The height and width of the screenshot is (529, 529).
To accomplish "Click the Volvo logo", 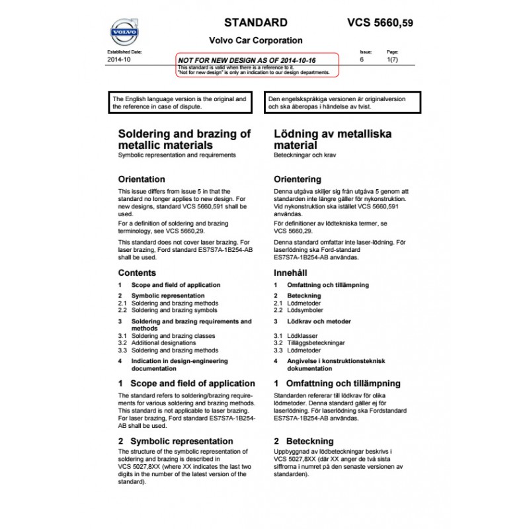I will click(124, 31).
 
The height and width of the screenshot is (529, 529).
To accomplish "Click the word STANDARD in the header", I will click(256, 22).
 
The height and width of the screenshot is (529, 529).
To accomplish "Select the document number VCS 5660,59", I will click(380, 22).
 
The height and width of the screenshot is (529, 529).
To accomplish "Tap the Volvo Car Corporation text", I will click(256, 40).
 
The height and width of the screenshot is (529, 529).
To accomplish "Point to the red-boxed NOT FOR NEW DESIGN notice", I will click(257, 64).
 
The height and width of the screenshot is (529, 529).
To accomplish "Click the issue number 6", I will click(362, 60).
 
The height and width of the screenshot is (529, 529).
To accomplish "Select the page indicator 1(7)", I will click(392, 60).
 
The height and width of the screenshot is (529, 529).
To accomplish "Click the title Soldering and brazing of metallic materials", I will click(184, 139).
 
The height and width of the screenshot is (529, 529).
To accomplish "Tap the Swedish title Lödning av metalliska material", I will click(332, 139).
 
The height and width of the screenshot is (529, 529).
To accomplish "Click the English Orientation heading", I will click(142, 179).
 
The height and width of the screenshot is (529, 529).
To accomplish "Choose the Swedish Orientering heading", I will click(298, 179).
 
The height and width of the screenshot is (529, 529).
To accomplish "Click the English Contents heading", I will click(137, 272).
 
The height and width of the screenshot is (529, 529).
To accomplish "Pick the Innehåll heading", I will click(292, 272).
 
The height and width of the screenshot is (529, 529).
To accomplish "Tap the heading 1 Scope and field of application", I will click(186, 384).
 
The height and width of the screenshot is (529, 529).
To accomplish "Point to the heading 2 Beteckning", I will click(304, 440).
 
